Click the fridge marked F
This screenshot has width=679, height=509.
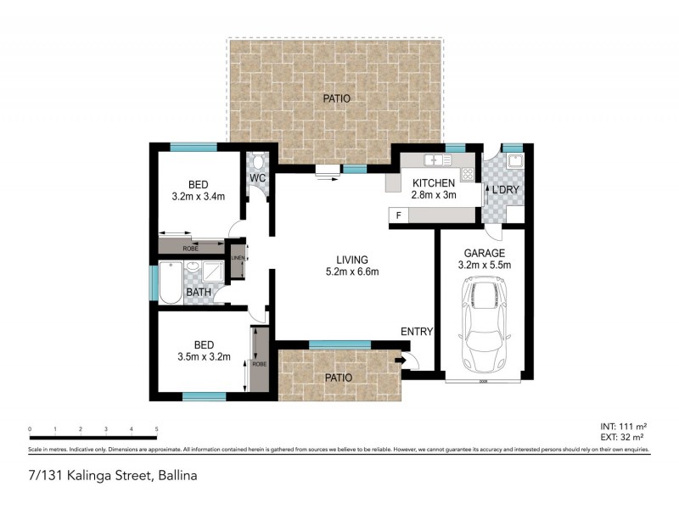(x=398, y=215)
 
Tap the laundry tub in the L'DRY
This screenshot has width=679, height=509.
(x=513, y=160)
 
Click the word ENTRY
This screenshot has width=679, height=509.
(x=417, y=332)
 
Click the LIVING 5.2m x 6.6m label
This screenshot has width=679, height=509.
(x=351, y=266)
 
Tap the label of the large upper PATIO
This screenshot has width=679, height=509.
(x=336, y=99)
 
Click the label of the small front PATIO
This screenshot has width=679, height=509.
(x=337, y=378)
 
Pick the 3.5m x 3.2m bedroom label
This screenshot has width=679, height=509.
(x=203, y=351)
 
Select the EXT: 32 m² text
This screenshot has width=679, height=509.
(x=624, y=439)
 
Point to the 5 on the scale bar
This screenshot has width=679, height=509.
(x=156, y=429)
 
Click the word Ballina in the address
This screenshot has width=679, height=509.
(x=176, y=477)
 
